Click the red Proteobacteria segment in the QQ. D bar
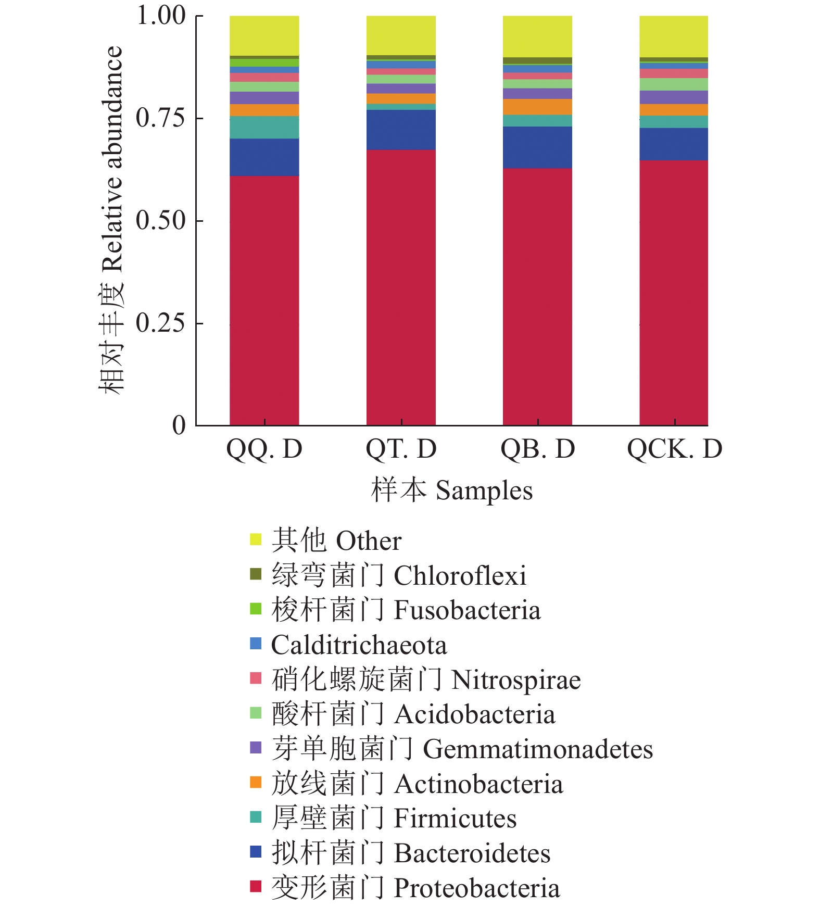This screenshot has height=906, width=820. pos(264,300)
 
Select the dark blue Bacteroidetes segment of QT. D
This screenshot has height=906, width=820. pos(401,130)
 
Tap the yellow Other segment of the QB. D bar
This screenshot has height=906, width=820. pos(537,36)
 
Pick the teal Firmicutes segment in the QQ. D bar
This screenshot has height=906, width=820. pos(264,127)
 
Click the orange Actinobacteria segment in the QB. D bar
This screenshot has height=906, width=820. pos(537,107)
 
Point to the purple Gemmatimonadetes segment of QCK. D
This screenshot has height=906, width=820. pos(674,97)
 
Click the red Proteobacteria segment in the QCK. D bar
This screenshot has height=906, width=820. pos(674,293)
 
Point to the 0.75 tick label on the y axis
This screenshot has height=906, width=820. pos(161,119)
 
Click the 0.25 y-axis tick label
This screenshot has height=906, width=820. pos(161,323)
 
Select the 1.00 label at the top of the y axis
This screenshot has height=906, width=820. pos(161,16)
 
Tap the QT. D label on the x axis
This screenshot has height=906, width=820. pos(401,449)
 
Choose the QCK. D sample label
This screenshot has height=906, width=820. pos(675,449)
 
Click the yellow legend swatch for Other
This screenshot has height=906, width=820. pos(256,539)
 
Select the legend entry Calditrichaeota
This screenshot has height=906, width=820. pos(359,645)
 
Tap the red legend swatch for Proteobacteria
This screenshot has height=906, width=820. pos(256,886)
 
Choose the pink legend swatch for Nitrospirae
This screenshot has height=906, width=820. pos(256,678)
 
